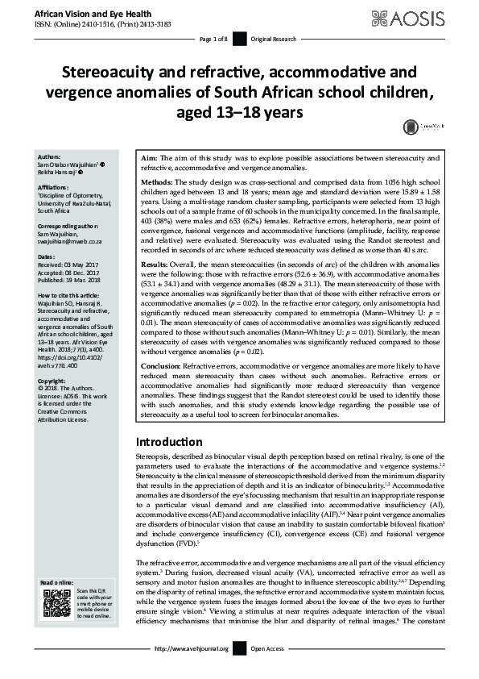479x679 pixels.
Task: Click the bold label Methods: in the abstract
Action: pos(158,182)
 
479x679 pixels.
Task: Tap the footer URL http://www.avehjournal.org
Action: pos(191,671)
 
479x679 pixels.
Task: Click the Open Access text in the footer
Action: pos(268,671)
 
